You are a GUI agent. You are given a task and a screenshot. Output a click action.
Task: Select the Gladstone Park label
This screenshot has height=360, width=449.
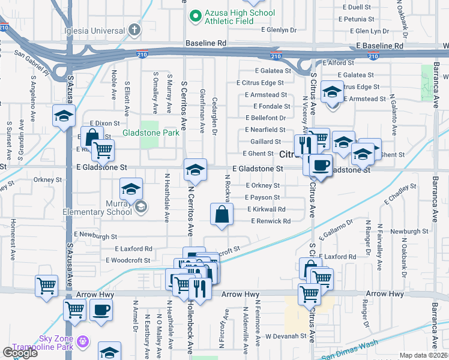tap(151, 133)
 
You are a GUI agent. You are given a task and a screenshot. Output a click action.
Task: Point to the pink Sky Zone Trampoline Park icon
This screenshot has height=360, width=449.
tap(83, 342)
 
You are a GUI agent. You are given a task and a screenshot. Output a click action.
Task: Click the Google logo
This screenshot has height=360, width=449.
tap(20, 353)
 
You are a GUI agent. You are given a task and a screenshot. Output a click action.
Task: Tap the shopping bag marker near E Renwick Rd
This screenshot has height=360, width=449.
tap(222, 214)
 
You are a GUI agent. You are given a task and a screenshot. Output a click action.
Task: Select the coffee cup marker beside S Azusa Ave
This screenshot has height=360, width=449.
tap(101, 310)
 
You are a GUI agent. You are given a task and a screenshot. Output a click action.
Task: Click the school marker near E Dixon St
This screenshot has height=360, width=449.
tap(63, 115)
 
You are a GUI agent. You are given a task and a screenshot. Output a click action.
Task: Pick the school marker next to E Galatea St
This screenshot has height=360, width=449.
tap(332, 92)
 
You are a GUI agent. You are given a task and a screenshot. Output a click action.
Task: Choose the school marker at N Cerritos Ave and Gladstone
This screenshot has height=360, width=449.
tap(195, 170)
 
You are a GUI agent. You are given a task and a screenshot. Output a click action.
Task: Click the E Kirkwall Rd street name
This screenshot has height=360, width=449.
tap(266, 209)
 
